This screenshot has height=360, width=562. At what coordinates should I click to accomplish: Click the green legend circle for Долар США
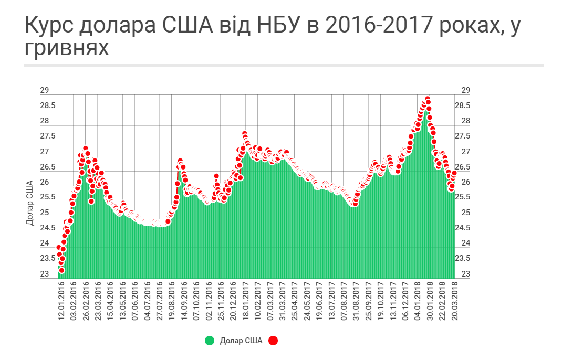coord(210,341)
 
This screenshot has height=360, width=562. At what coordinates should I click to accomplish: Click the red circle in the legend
coord(273,341)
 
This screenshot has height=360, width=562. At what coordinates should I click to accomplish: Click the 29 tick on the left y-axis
coord(44,90)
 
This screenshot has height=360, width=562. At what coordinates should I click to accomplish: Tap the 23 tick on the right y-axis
coord(465,274)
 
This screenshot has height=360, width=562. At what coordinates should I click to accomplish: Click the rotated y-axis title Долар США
coord(30,203)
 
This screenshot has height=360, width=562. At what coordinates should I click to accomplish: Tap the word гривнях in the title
coord(67,48)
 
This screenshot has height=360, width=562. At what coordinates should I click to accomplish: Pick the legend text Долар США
coord(241,341)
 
